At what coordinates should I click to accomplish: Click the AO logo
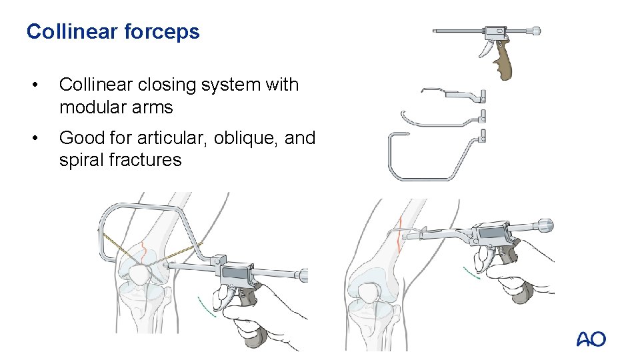[x=591, y=339]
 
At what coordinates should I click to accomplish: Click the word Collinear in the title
[x=72, y=31]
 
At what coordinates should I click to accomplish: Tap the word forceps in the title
[x=161, y=32]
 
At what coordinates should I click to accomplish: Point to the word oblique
[x=244, y=139]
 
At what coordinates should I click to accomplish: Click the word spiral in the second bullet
[x=81, y=160]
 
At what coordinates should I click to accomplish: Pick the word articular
[x=172, y=139]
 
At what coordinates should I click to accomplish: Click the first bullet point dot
[x=35, y=85]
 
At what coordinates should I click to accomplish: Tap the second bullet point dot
[x=35, y=139]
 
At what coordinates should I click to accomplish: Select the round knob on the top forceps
[x=536, y=31]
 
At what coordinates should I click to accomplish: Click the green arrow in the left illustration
[x=206, y=307]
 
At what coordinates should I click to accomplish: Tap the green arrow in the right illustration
[x=471, y=273]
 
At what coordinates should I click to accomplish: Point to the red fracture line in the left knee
[x=143, y=254]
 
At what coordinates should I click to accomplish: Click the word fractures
[x=145, y=160]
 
